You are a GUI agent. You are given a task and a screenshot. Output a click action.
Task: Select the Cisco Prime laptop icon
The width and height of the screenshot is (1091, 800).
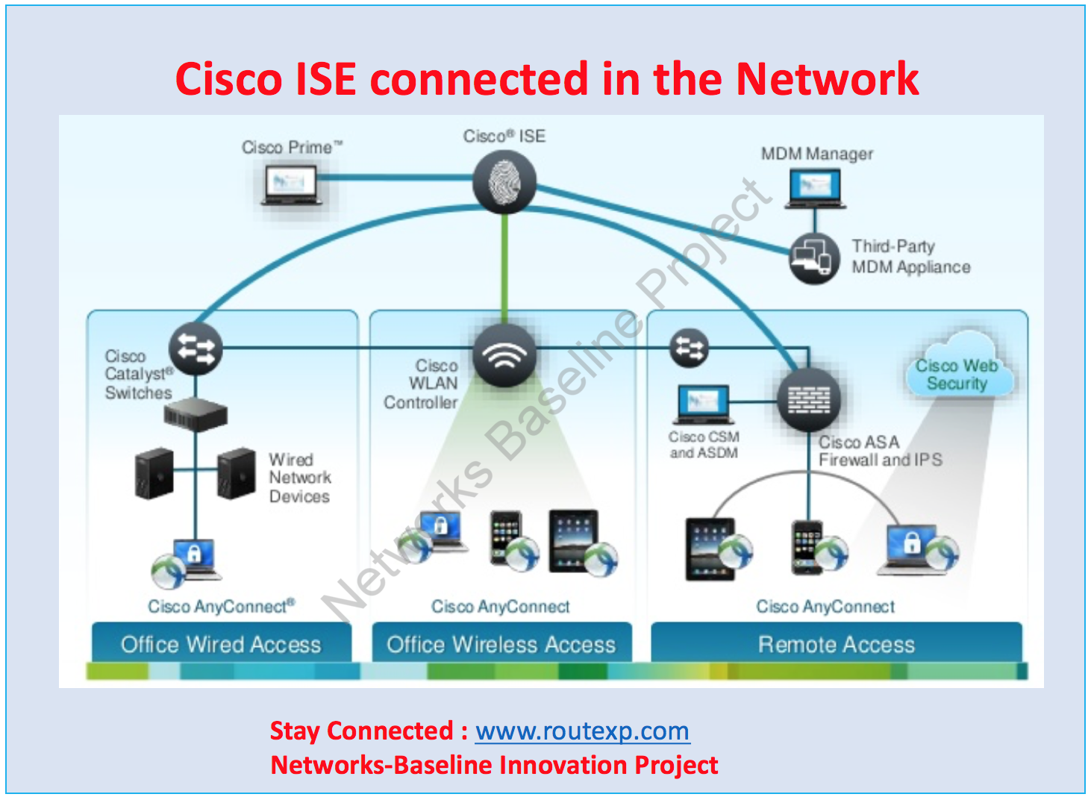tap(291, 184)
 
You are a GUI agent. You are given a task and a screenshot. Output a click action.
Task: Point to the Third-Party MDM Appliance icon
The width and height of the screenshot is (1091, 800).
tap(813, 258)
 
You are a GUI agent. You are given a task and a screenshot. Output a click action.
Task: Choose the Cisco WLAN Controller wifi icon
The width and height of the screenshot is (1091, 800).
tap(504, 354)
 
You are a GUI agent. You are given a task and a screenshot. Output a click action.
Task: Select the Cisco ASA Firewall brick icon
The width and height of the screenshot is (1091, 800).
tap(808, 399)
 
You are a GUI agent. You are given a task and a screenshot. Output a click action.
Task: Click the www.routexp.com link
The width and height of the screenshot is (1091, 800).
tap(582, 731)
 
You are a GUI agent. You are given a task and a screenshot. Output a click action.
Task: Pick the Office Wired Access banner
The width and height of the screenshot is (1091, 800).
tap(221, 644)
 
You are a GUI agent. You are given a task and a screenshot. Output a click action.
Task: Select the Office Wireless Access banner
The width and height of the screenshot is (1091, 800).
tap(501, 644)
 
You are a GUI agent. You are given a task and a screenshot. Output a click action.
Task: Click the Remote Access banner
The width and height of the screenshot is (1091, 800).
tap(837, 644)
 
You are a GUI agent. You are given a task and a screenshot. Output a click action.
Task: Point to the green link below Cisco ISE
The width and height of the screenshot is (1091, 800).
tap(505, 269)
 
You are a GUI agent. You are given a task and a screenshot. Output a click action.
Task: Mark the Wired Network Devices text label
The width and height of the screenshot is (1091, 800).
tap(299, 478)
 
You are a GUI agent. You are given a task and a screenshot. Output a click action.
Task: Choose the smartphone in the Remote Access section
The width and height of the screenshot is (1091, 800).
tap(807, 547)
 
